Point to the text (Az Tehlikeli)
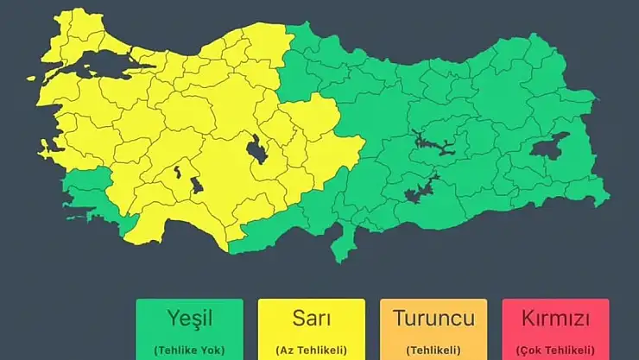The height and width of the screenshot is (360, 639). (x=311, y=350)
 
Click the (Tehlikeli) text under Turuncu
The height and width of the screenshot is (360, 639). (x=433, y=350)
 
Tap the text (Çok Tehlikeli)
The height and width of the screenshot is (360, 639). (x=555, y=350)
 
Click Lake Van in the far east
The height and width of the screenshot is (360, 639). (x=549, y=148)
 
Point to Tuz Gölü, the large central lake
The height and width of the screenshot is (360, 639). (x=257, y=150)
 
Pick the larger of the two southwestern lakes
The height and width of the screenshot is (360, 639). (x=196, y=185)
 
